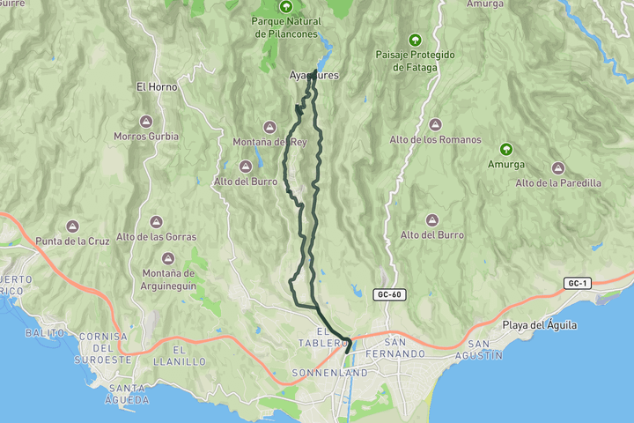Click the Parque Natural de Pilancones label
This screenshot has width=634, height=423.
pyautogui.click(x=284, y=26)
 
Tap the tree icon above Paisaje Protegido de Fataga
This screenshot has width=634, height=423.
pyautogui.click(x=415, y=40)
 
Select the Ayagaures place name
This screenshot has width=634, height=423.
pyautogui.click(x=313, y=76)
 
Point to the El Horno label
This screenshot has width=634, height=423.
pyautogui.click(x=157, y=87)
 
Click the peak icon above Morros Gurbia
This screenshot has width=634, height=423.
pyautogui.click(x=146, y=122)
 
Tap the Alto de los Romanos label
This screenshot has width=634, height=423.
pyautogui.click(x=436, y=139)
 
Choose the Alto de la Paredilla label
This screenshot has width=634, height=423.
pyautogui.click(x=558, y=182)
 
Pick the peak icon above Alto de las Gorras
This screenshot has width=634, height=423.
pyautogui.click(x=156, y=221)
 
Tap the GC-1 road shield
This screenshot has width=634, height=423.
pyautogui.click(x=578, y=282)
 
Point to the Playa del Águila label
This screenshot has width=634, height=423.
pyautogui.click(x=540, y=325)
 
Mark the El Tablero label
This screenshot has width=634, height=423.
pyautogui.click(x=321, y=338)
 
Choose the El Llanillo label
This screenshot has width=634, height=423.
pyautogui.click(x=180, y=356)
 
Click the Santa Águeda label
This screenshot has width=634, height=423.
pyautogui.click(x=126, y=393)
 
